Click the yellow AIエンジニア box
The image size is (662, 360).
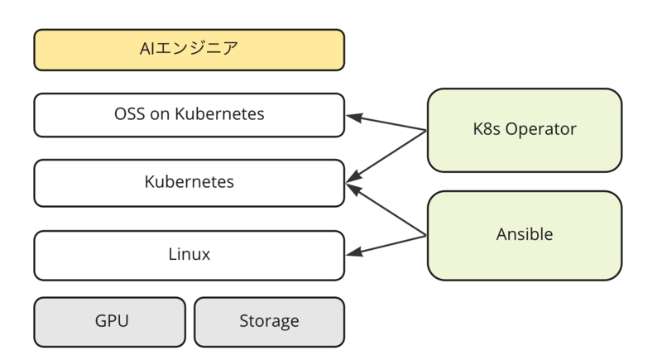pyautogui.click(x=189, y=50)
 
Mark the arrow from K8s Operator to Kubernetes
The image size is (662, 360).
pyautogui.click(x=389, y=152)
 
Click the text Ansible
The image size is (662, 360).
pyautogui.click(x=524, y=234)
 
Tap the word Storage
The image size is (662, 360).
pyautogui.click(x=269, y=320)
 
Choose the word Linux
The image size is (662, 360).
pyautogui.click(x=189, y=254)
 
